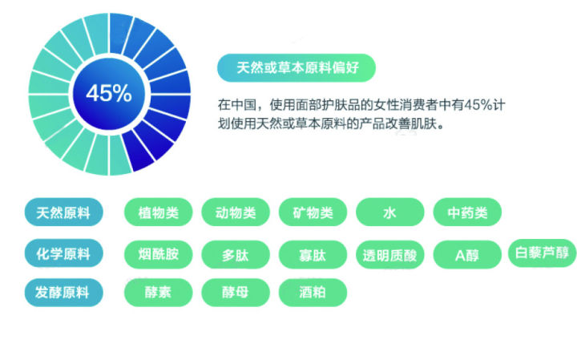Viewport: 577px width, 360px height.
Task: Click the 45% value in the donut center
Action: tap(109, 93)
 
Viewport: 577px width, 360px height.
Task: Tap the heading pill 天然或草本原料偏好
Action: tap(296, 67)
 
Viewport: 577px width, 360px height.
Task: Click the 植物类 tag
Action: tap(158, 213)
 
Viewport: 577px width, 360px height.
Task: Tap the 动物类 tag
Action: tap(236, 213)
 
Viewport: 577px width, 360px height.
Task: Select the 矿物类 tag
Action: tap(313, 213)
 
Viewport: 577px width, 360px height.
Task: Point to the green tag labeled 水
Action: tap(389, 213)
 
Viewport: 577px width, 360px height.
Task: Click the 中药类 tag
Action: tap(467, 213)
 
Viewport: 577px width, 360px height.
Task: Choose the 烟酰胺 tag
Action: tap(158, 255)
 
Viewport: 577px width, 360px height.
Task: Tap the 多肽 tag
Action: tap(236, 256)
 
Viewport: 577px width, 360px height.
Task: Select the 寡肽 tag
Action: tap(313, 256)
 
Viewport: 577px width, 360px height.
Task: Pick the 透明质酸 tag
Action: tap(389, 256)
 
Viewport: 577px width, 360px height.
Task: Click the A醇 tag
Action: tap(467, 256)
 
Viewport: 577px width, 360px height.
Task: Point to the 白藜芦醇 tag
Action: tap(543, 253)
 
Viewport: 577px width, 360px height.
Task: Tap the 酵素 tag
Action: tap(158, 293)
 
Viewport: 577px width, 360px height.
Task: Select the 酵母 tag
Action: tap(236, 293)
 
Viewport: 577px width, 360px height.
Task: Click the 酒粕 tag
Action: tap(313, 293)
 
